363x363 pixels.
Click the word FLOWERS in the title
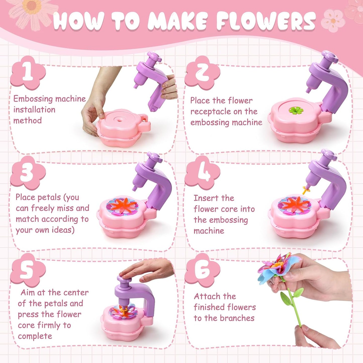pos(266,21)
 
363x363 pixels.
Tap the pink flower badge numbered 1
pos(28,73)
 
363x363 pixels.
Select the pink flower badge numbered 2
pos(202,73)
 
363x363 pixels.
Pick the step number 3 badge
pos(28,173)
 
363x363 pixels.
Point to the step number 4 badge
pos(202,173)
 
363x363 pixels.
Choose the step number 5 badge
pos(28,270)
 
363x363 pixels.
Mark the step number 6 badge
pos(202,270)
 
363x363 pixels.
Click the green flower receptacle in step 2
pos(296,110)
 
